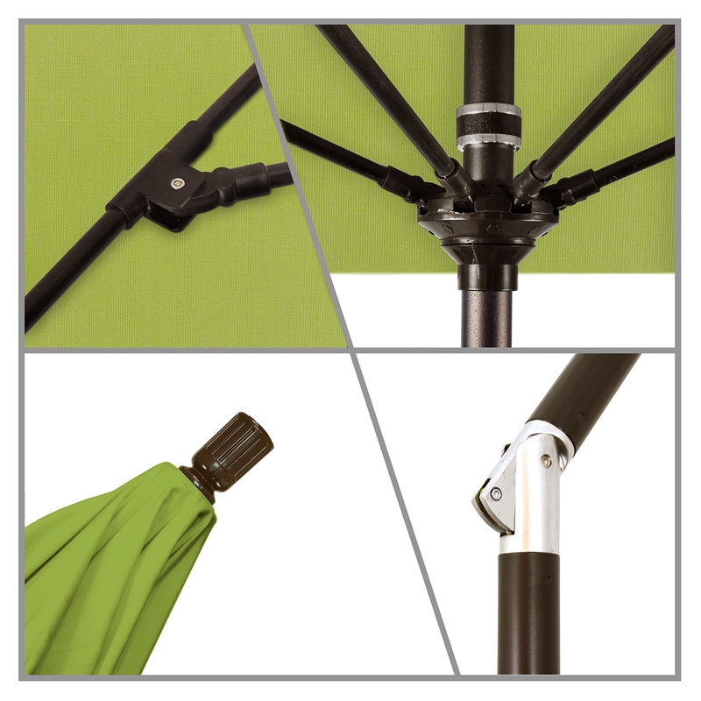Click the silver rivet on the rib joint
tap(178, 183)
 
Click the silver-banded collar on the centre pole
tap(487, 123)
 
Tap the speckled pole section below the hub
tap(487, 315)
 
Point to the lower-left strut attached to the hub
tap(350, 158)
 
